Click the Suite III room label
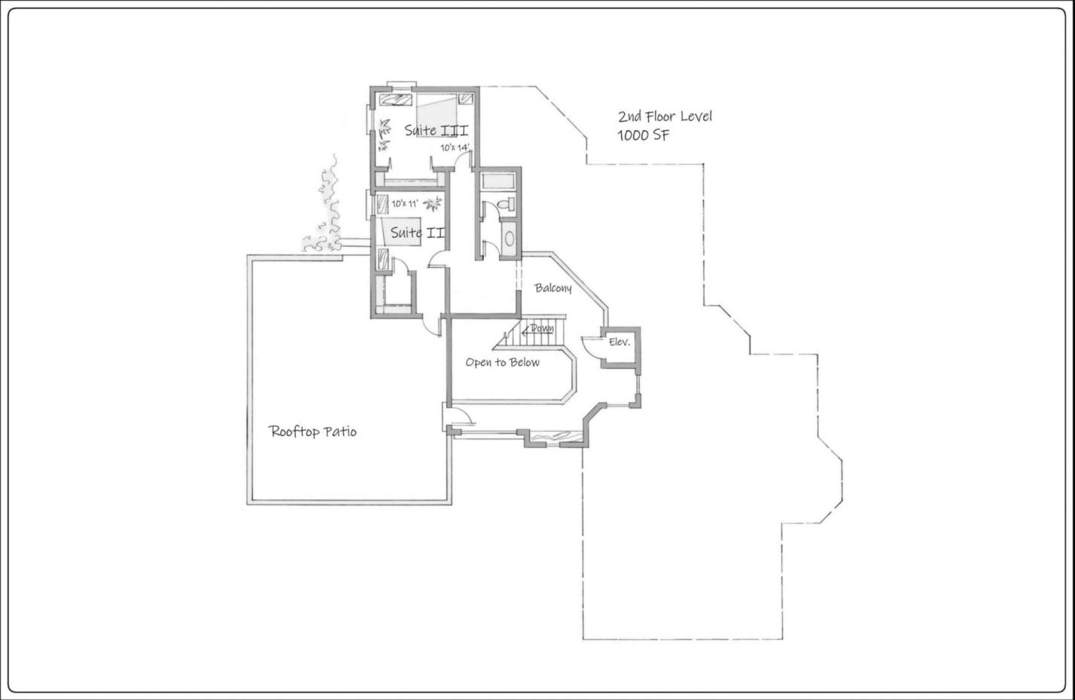coord(436,130)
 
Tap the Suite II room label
coord(418,233)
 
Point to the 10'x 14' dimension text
coord(455,148)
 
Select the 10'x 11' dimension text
coord(404,203)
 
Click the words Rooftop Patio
coord(312,431)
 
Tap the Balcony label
coord(553,288)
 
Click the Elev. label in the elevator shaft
coord(619,342)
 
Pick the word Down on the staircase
coord(542,329)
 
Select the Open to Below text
coord(502,362)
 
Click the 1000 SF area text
coord(643,135)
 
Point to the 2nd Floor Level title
coord(665,116)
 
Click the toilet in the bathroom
coord(505,204)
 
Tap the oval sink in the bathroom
coord(509,238)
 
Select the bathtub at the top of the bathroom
coord(498,181)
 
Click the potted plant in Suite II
coord(433,204)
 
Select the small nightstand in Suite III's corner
coord(465,99)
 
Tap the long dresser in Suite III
coord(396,100)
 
